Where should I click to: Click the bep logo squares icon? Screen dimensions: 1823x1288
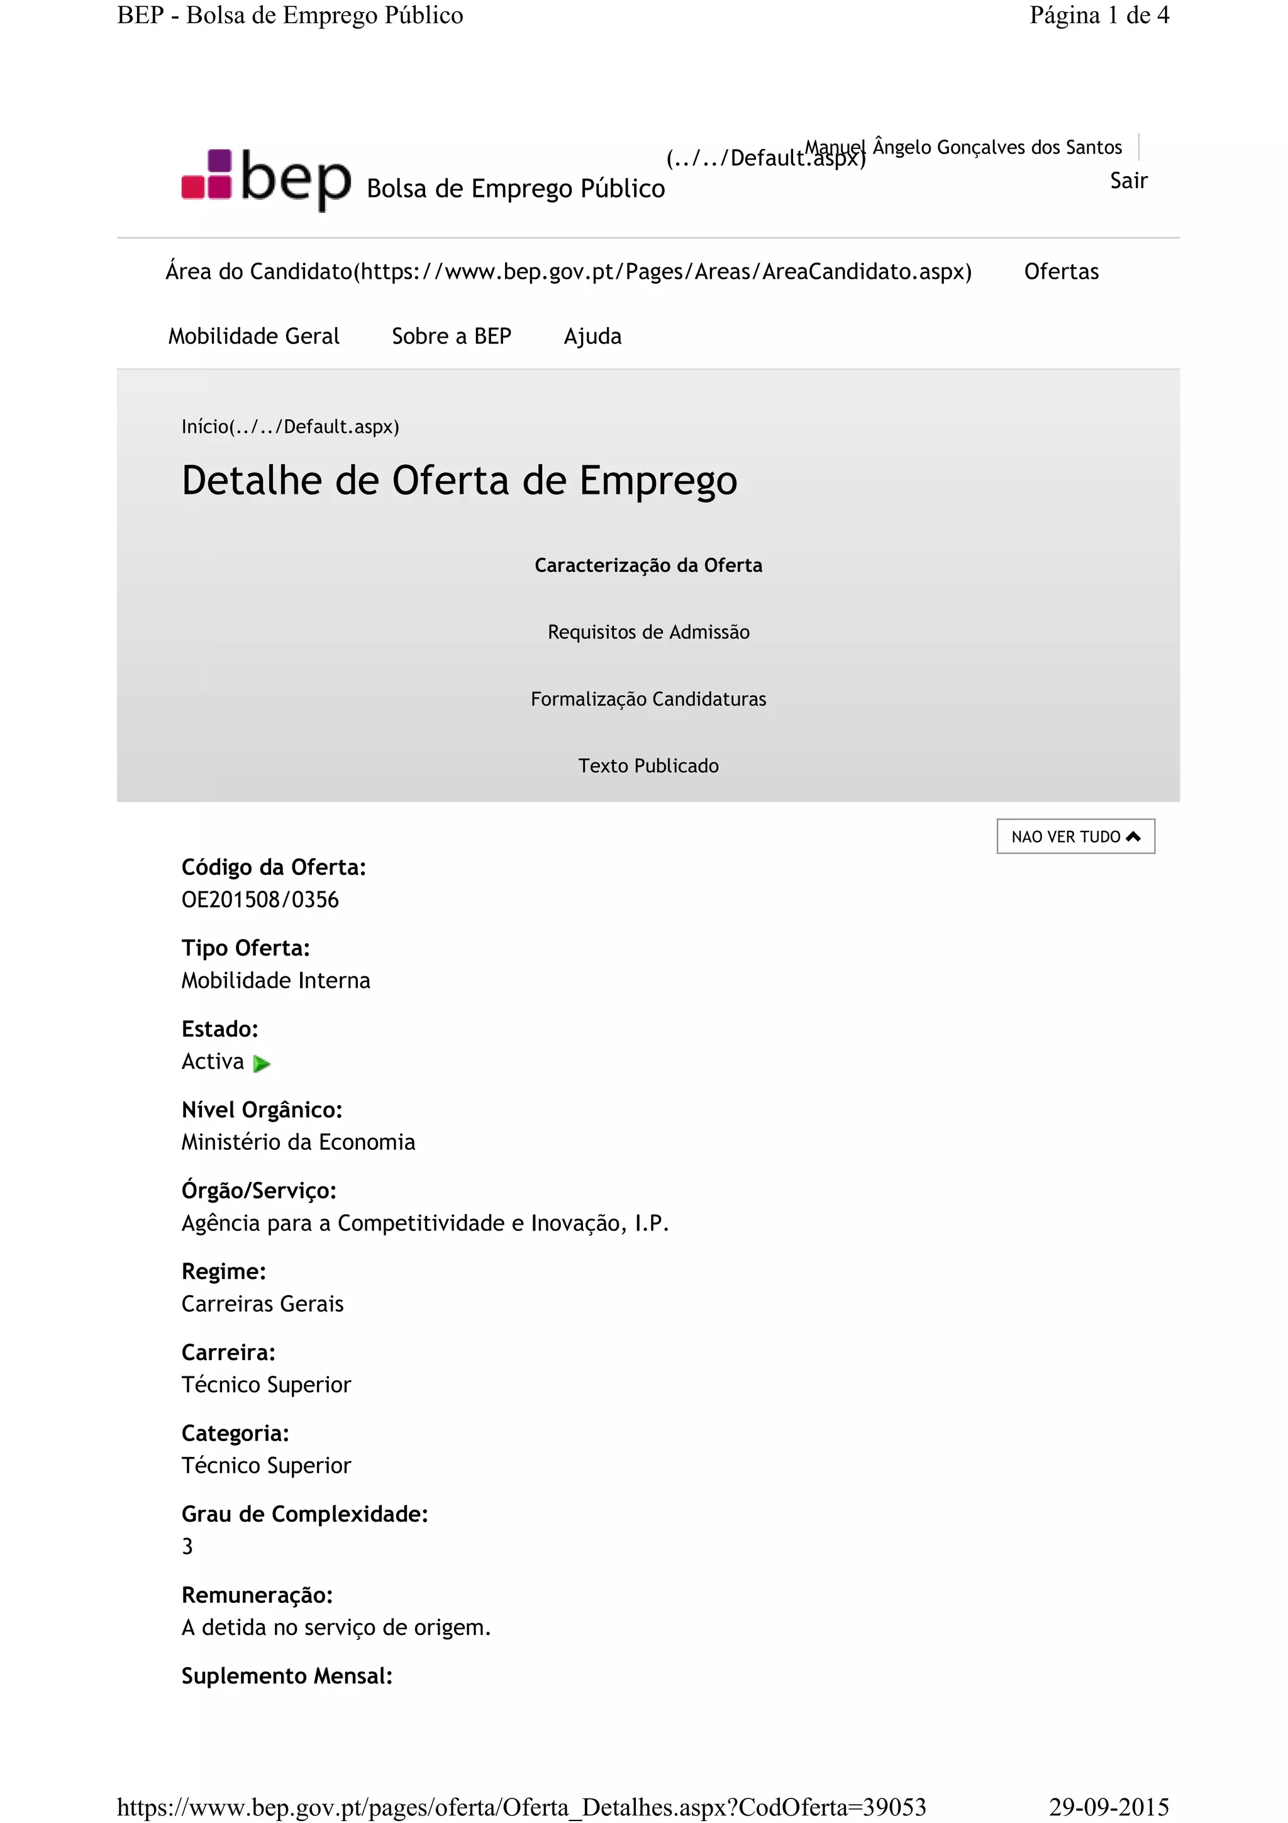click(x=206, y=175)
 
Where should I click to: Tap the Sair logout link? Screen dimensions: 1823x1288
click(x=1128, y=181)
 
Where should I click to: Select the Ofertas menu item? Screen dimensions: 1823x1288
click(x=1061, y=272)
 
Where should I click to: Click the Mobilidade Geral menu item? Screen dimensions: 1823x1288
click(x=253, y=337)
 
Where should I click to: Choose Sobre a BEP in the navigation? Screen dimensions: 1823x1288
click(x=451, y=337)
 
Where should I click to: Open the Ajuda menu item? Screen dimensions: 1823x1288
click(x=592, y=337)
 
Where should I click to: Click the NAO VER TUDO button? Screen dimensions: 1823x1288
click(x=1075, y=837)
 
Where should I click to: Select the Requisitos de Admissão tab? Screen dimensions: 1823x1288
click(x=648, y=632)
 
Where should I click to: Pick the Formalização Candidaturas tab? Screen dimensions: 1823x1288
click(x=648, y=699)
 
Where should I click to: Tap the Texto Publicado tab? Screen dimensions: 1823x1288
click(x=648, y=766)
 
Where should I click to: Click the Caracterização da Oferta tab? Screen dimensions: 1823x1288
click(x=648, y=566)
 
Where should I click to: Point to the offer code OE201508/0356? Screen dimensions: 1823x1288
click(x=260, y=900)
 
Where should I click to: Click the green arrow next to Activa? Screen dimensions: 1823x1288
click(x=261, y=1063)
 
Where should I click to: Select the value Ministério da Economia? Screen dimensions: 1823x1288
click(x=297, y=1142)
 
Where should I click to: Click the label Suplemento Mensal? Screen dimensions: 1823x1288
click(x=287, y=1675)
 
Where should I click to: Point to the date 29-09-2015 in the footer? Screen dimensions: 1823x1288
click(x=1109, y=1806)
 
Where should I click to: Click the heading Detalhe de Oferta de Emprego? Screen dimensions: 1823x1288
click(x=460, y=481)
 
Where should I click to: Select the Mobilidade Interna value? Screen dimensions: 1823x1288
click(x=275, y=981)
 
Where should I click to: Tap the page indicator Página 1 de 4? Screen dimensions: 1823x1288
click(x=1099, y=15)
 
